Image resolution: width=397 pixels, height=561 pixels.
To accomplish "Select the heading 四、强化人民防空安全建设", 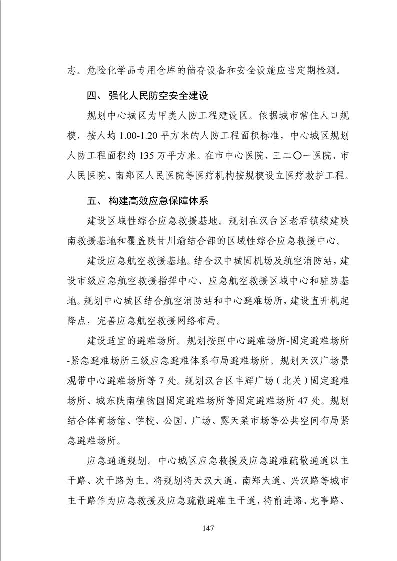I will point(147,95).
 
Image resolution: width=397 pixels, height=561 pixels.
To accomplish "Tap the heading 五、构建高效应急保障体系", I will point(147,202).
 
